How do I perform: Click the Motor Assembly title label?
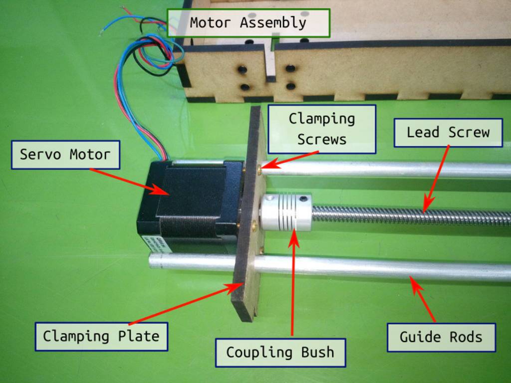[x=248, y=23]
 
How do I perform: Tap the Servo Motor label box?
[x=65, y=155]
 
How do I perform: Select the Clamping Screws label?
[x=322, y=129]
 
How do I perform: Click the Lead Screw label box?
[x=448, y=133]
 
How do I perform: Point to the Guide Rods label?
[x=441, y=337]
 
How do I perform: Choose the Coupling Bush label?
[x=280, y=352]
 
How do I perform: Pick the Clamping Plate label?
[x=101, y=336]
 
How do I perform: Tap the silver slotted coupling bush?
[x=285, y=211]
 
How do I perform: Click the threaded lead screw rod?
[x=409, y=216]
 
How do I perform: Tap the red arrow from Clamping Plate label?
[x=185, y=304]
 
